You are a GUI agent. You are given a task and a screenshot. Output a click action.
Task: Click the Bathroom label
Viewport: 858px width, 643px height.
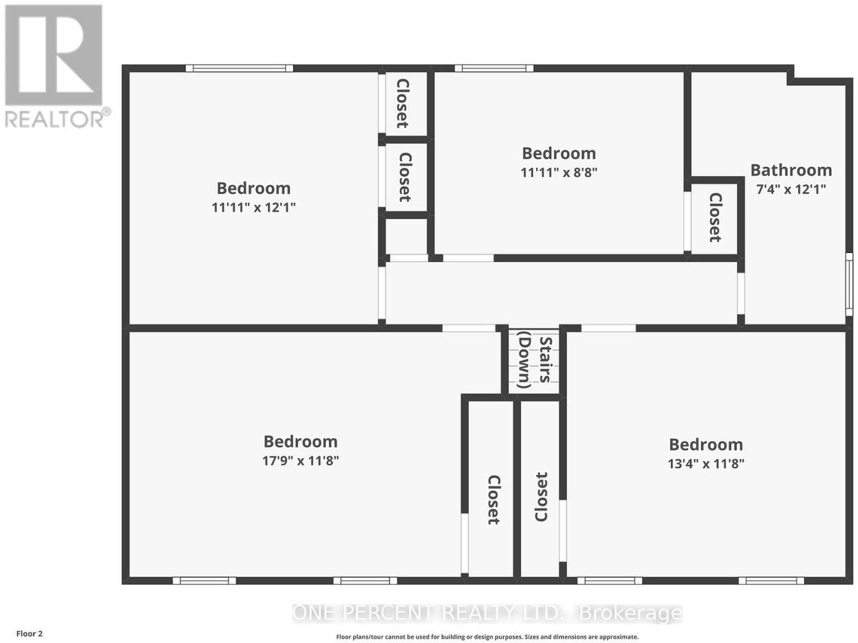point(791,171)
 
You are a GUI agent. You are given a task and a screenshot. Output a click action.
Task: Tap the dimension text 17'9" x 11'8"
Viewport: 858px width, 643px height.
point(300,461)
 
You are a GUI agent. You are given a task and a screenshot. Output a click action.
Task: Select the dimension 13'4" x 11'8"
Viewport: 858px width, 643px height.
point(706,464)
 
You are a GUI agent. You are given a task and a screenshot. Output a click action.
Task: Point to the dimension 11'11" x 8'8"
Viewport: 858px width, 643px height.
point(559,172)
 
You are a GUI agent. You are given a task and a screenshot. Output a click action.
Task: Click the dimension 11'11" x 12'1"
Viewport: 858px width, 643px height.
point(253,207)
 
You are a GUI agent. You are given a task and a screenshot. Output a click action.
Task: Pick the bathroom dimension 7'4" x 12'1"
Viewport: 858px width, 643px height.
point(791,190)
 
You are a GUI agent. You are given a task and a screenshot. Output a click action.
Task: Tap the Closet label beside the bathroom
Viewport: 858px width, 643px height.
point(715,217)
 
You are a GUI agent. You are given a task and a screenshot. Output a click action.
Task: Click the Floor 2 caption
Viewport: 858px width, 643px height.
point(29,634)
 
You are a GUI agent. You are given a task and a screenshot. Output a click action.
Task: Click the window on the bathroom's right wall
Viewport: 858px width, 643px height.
point(849,284)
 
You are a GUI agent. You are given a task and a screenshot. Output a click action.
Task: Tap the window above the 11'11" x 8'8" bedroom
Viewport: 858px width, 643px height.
point(494,69)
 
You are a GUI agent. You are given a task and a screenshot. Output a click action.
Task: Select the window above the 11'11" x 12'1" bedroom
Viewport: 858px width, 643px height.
point(239,69)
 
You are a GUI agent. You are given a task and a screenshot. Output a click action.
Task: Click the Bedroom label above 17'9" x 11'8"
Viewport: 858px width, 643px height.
point(300,442)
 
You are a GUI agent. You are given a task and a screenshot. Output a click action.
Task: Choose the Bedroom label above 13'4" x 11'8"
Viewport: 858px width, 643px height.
point(706,445)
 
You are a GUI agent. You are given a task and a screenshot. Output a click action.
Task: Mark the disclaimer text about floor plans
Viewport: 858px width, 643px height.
point(487,637)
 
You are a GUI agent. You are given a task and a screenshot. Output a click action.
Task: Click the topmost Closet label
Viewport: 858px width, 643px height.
point(403,103)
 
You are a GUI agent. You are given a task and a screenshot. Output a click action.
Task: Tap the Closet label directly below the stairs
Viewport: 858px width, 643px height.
point(542,497)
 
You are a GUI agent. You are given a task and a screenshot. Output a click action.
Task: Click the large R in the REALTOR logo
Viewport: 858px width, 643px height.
point(54,55)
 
